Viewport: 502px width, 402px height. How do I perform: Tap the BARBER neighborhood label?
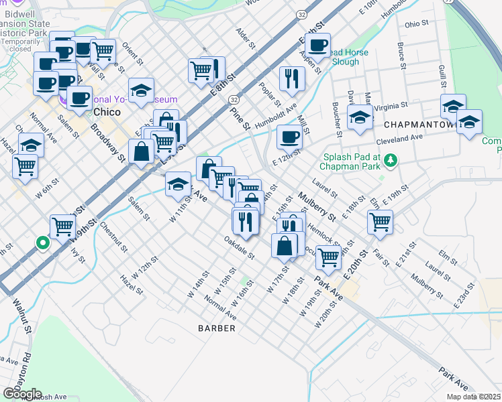pos(217,328)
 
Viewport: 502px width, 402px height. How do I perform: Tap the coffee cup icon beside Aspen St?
pos(318,45)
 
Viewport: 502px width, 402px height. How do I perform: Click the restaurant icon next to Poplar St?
pos(292,78)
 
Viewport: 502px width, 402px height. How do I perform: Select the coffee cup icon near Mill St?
pos(290,137)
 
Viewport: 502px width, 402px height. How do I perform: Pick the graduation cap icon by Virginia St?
pos(360,115)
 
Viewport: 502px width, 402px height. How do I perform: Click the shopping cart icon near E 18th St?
pos(380,221)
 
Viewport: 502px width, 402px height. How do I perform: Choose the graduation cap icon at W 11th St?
pos(178,183)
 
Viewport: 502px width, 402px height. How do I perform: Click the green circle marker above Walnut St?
pos(42,243)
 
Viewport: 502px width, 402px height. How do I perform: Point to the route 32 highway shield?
pos(302,15)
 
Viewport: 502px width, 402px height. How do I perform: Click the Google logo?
pos(21,393)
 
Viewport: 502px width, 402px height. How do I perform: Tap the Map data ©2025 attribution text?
pos(472,397)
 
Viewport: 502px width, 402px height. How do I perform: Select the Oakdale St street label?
pos(240,248)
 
